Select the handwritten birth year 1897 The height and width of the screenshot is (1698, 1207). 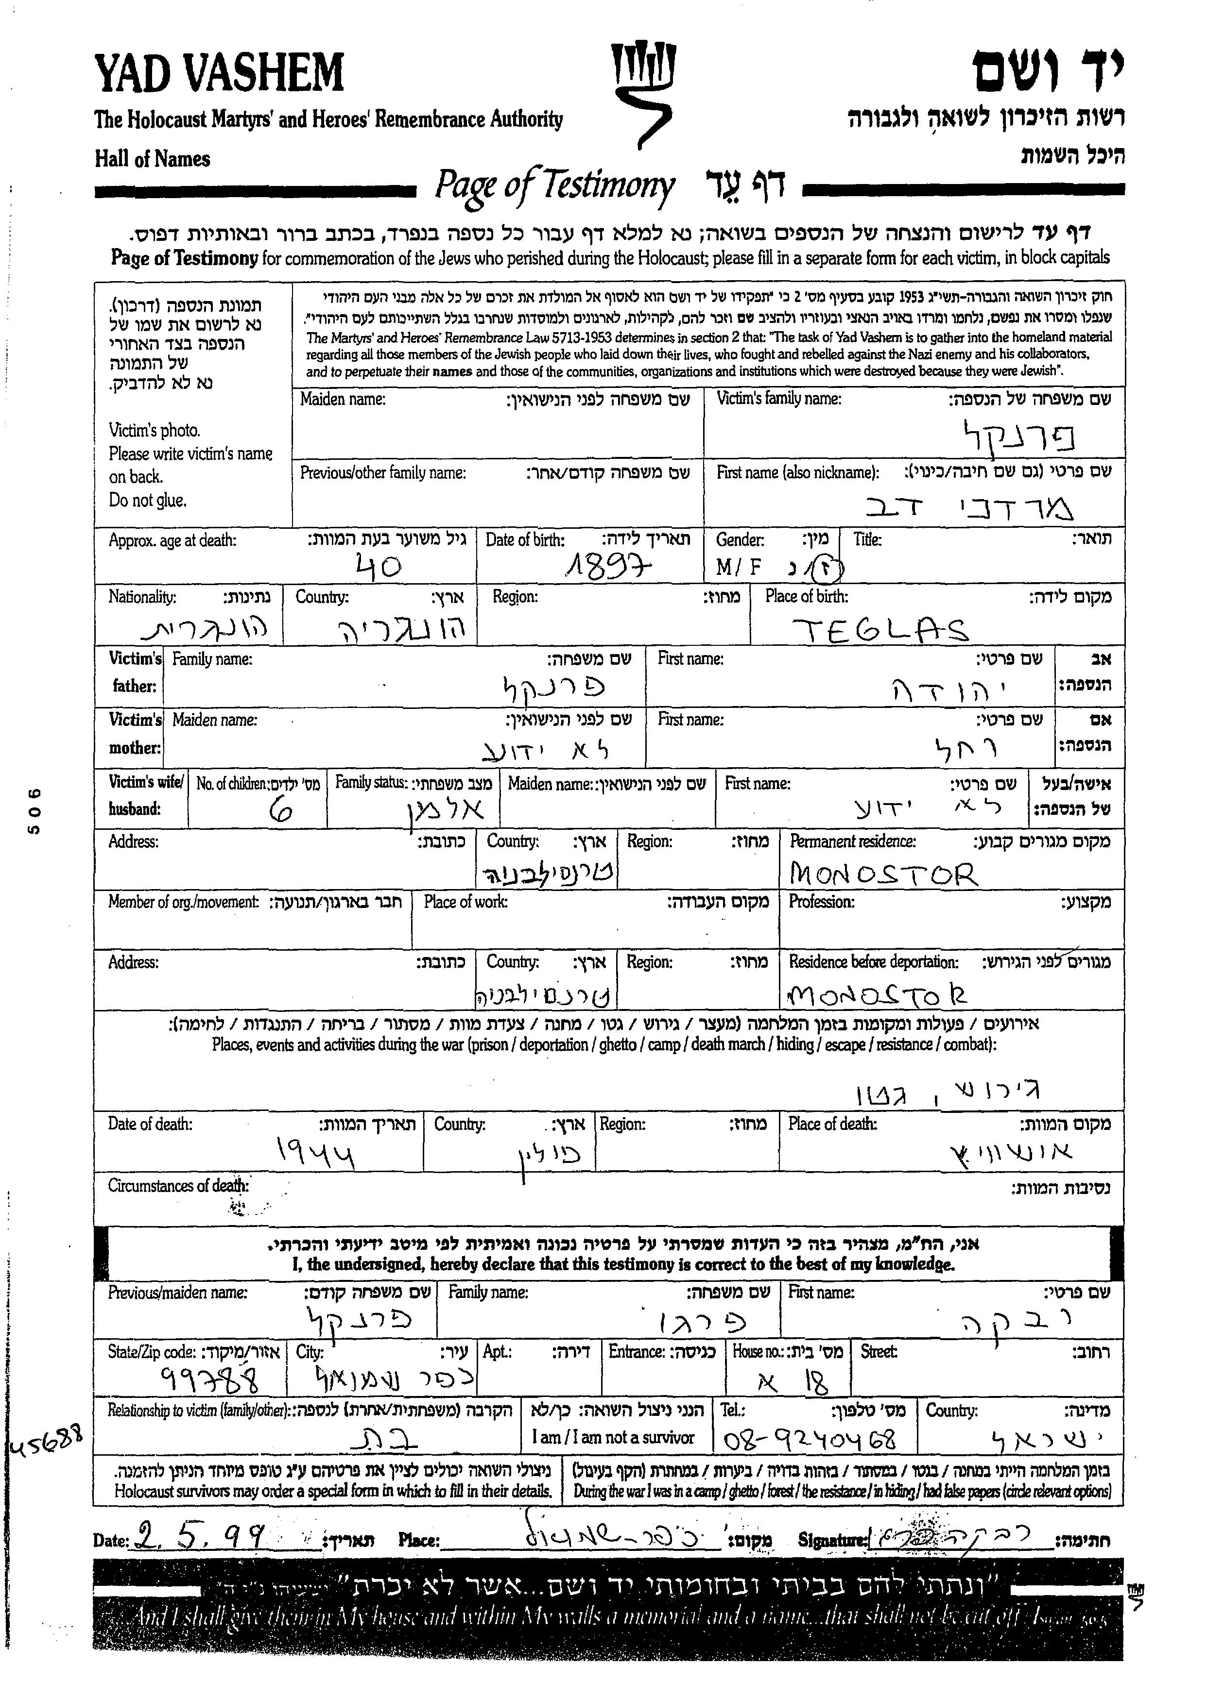click(x=607, y=568)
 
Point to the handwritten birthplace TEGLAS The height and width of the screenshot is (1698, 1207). click(x=878, y=630)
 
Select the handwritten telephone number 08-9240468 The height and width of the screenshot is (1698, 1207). click(x=809, y=1440)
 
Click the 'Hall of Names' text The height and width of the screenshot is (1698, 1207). click(x=153, y=159)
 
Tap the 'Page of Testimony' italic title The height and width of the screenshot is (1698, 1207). click(x=554, y=185)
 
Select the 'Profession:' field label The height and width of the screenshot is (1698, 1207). click(x=821, y=902)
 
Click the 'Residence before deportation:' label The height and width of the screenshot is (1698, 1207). click(x=873, y=962)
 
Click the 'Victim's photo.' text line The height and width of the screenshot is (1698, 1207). click(x=155, y=430)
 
